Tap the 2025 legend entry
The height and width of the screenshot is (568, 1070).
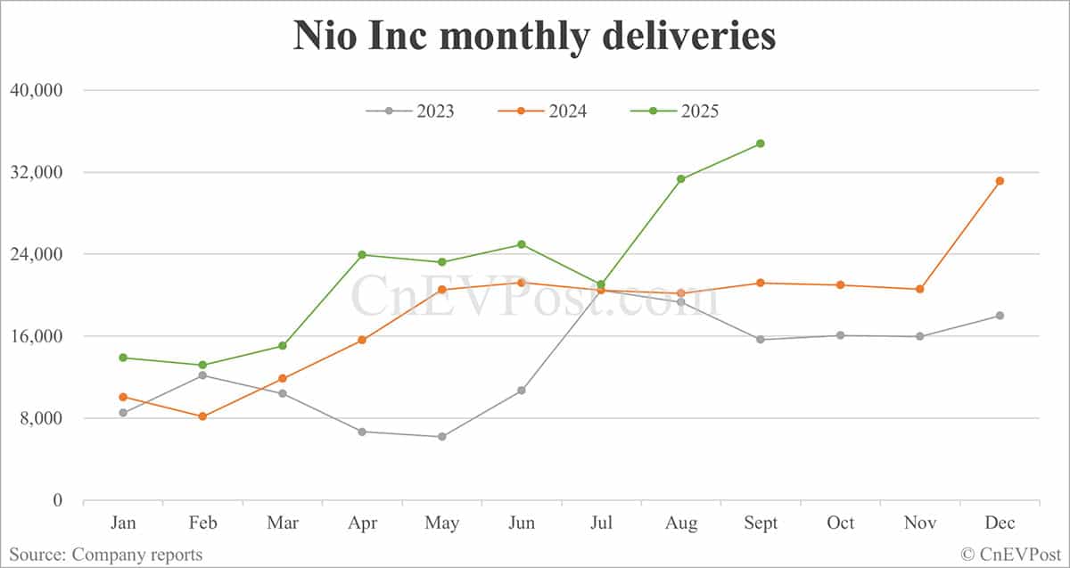[675, 111]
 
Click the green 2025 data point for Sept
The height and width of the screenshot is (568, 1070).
[761, 144]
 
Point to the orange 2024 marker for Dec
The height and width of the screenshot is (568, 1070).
[1000, 181]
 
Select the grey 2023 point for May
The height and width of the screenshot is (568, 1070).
[441, 437]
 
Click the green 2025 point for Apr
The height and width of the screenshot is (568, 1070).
[362, 255]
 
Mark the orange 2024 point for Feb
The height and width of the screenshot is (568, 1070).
[202, 416]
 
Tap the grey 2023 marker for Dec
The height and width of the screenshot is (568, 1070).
[1000, 316]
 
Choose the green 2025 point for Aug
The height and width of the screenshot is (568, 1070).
[680, 179]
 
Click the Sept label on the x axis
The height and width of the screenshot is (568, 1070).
[761, 523]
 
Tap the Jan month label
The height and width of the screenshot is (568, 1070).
[123, 523]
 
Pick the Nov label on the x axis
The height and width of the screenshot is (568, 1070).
[919, 523]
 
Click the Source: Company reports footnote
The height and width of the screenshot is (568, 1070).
[105, 555]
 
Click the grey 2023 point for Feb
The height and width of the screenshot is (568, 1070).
[202, 375]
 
